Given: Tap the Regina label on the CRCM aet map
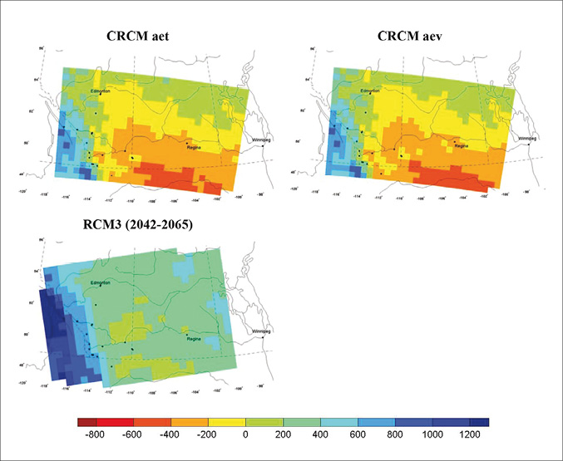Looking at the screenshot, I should pyautogui.click(x=195, y=147).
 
